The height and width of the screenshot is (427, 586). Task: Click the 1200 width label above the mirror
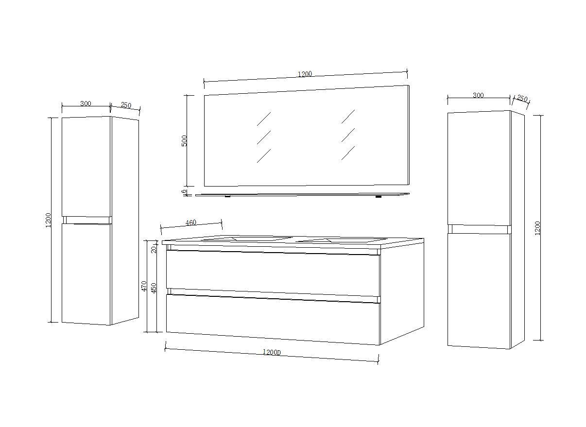click(x=305, y=74)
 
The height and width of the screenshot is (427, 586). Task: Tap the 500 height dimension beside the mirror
click(x=185, y=141)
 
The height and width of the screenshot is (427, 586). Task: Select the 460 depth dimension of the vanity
click(x=190, y=222)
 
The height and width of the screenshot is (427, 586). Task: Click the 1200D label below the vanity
click(x=272, y=352)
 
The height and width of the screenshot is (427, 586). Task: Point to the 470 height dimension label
click(x=144, y=286)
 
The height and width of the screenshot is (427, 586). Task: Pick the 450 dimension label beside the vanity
click(x=154, y=288)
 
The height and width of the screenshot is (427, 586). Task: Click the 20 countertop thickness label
click(x=154, y=250)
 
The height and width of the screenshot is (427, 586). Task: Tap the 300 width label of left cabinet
click(x=86, y=103)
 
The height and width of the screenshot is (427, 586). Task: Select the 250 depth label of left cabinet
click(x=126, y=105)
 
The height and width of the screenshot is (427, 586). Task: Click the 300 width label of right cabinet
click(x=478, y=95)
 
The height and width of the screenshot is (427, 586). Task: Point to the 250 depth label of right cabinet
click(x=522, y=99)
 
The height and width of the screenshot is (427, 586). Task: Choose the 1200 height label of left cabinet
click(x=48, y=220)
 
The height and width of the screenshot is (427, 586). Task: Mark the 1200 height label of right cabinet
click(x=537, y=228)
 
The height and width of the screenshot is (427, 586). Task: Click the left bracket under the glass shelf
click(x=227, y=196)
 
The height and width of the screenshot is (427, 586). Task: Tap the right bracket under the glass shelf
click(x=379, y=196)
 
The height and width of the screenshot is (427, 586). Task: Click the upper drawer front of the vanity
click(x=273, y=273)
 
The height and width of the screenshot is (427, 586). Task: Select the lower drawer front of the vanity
click(x=273, y=320)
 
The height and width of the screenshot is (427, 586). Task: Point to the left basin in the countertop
click(x=247, y=239)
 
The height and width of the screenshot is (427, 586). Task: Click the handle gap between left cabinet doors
click(x=87, y=220)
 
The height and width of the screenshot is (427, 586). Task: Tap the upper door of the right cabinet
click(x=479, y=168)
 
